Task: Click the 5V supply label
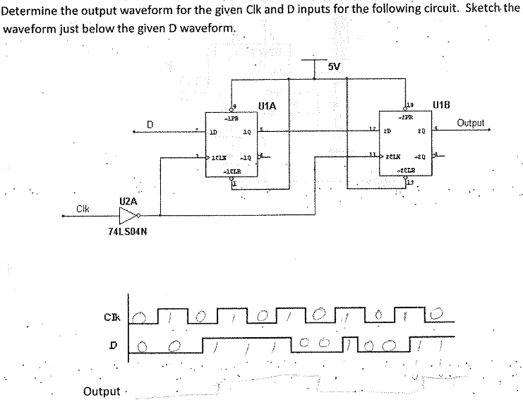coord(335,67)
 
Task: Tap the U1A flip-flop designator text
coord(267,107)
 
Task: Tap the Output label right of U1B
coord(471,123)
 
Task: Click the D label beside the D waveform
coord(111,346)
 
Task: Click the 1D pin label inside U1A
coord(212,133)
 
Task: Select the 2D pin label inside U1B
coord(387,132)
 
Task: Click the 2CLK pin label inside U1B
coord(392,157)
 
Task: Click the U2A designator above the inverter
coord(128,201)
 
